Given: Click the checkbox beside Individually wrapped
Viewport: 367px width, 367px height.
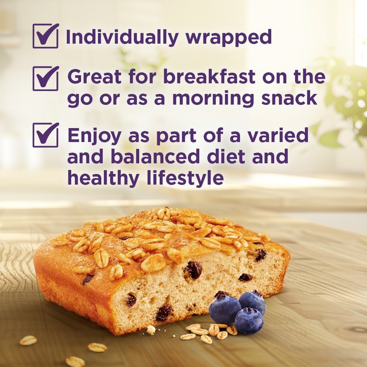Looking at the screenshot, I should pyautogui.click(x=45, y=36).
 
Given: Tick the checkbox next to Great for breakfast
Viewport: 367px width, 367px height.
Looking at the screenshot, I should pyautogui.click(x=45, y=78).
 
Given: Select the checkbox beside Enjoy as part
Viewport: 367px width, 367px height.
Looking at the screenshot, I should pyautogui.click(x=45, y=135).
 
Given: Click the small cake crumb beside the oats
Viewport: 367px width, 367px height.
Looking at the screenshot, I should pyautogui.click(x=151, y=330).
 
